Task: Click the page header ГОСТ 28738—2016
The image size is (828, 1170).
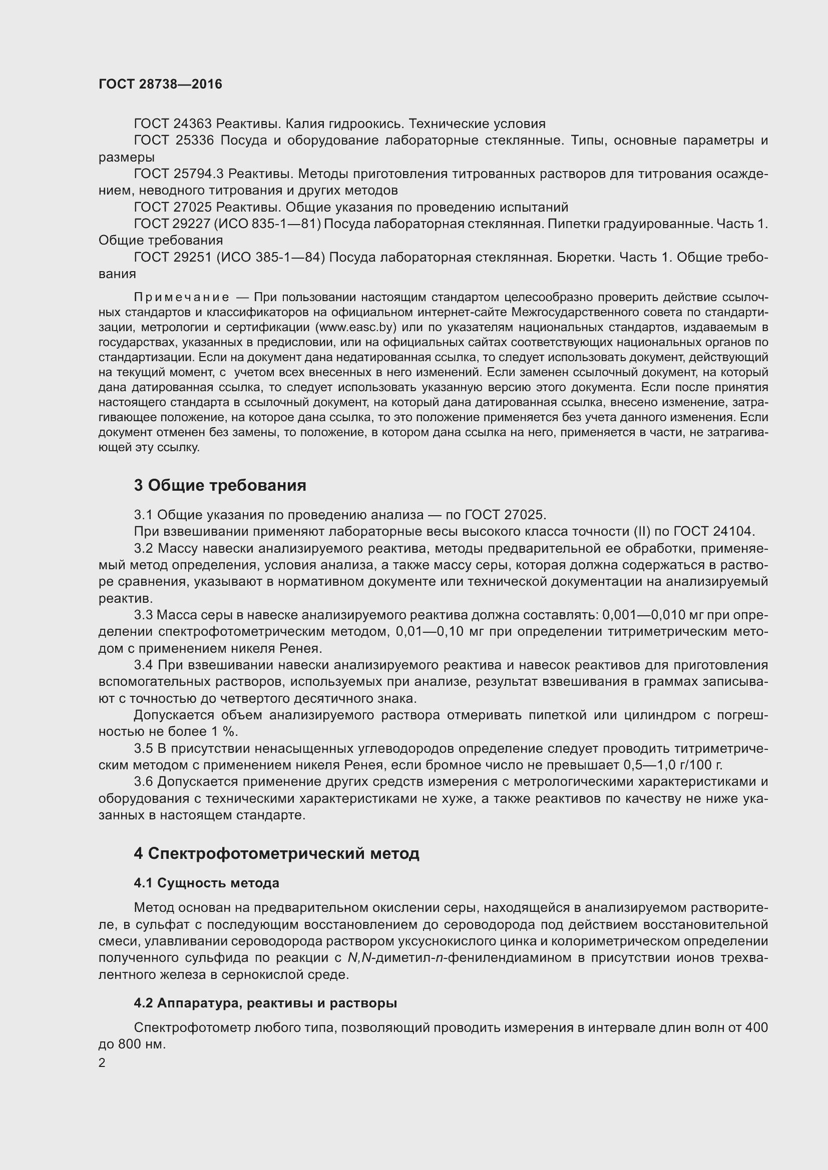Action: point(160,84)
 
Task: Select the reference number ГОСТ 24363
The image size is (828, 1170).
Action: point(173,124)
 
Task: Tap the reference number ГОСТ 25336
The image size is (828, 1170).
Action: point(173,141)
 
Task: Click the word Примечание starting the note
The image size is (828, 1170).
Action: point(181,297)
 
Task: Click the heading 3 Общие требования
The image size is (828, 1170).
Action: point(220,485)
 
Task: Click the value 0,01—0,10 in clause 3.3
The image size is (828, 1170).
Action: point(437,632)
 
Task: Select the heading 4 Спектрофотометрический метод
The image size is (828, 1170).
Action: point(276,853)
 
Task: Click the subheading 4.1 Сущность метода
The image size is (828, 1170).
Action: point(206,882)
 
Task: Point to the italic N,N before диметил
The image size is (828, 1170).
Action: point(360,957)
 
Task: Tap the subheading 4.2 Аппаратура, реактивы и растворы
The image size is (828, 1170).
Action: point(265,1003)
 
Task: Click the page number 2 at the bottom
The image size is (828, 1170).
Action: point(102,1062)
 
